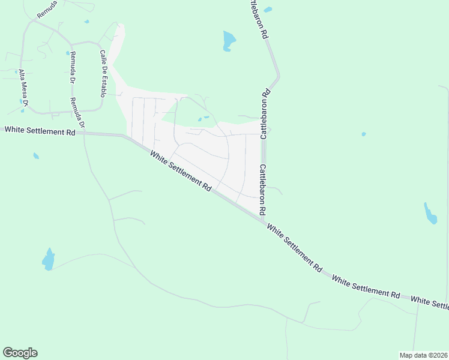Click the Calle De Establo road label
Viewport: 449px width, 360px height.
(103, 74)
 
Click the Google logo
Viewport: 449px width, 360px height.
(20, 353)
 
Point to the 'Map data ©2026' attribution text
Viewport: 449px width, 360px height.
(423, 355)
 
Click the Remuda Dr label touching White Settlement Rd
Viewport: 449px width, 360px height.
(77, 113)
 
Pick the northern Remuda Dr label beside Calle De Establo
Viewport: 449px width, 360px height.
(73, 67)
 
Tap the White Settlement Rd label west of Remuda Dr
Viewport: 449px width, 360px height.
(40, 130)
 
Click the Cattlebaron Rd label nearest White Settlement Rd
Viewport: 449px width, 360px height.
(262, 190)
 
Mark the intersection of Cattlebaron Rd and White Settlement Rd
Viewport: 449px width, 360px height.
(263, 221)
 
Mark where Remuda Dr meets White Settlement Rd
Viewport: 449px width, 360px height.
(85, 134)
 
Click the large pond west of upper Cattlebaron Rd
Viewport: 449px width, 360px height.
(229, 41)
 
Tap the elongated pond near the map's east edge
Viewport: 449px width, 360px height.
(430, 214)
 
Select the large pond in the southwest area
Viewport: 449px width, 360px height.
(49, 259)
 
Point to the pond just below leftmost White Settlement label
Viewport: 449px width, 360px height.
(36, 156)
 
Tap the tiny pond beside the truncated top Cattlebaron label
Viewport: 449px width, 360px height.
(268, 10)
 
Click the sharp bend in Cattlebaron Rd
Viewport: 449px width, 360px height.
(278, 77)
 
